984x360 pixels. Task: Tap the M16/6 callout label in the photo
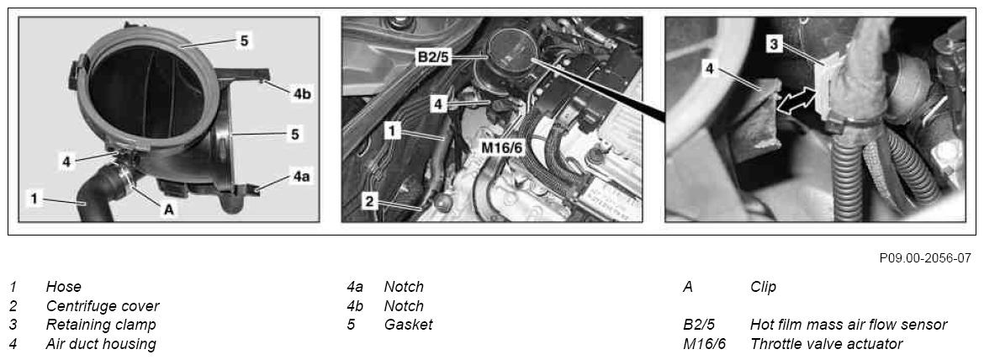click(502, 149)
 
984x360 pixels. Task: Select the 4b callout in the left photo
click(302, 94)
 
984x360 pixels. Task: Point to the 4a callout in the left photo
click(301, 177)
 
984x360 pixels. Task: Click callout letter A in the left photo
click(168, 210)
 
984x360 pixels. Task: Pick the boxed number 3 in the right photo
click(774, 44)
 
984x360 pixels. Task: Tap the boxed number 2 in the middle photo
click(370, 201)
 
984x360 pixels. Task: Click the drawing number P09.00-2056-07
click(925, 258)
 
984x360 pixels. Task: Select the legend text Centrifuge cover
click(103, 306)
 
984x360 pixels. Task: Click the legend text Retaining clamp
click(100, 325)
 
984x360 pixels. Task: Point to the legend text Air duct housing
click(100, 344)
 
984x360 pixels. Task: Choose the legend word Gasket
click(408, 325)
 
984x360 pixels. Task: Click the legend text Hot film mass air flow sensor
click(849, 325)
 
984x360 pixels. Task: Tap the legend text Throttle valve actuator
click(827, 344)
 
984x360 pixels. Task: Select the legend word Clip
click(763, 288)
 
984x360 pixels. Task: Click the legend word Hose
click(63, 288)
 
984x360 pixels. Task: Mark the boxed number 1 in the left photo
click(34, 199)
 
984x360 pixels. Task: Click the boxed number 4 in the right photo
click(710, 69)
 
